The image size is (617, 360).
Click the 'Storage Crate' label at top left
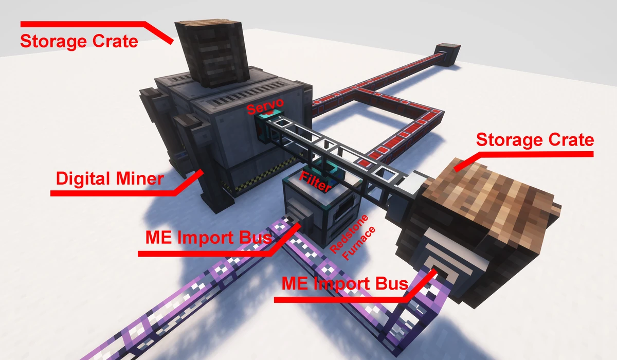click(79, 41)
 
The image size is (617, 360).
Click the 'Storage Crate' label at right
click(535, 139)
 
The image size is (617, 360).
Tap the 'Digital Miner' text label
click(109, 179)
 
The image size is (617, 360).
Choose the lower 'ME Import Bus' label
click(344, 283)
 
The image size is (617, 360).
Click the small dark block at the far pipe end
click(447, 55)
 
